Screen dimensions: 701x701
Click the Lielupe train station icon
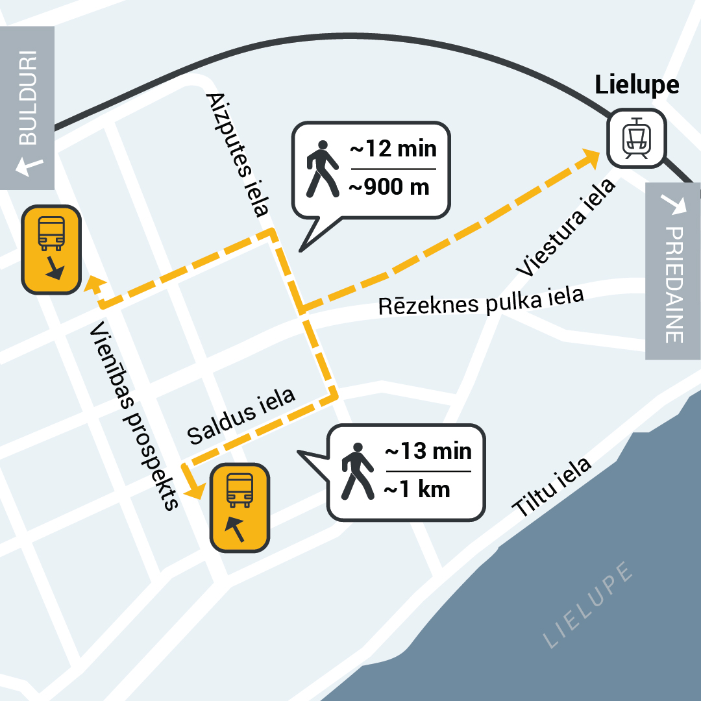tap(636, 138)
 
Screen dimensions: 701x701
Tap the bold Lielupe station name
tap(637, 85)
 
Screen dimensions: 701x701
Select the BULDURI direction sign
tap(27, 108)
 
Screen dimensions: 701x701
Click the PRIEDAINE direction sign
tap(673, 271)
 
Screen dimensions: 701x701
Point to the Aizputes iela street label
tap(237, 154)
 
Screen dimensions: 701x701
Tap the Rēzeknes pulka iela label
tap(481, 301)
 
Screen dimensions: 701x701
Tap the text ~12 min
tap(393, 149)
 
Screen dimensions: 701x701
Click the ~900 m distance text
tap(389, 187)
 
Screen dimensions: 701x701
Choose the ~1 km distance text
tap(417, 489)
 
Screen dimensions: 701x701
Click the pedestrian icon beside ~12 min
tap(322, 169)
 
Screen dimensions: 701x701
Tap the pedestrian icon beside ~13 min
tap(357, 471)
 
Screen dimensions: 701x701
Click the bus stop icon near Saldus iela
tap(240, 508)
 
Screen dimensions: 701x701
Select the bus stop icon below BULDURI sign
tap(51, 250)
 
